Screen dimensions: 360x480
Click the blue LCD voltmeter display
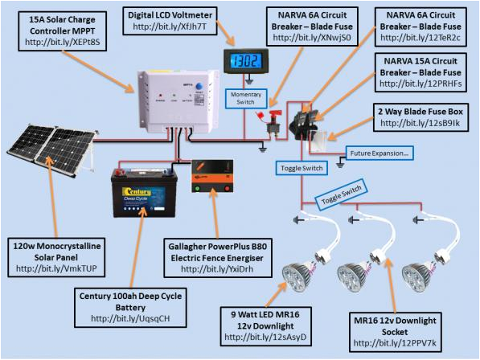(x=246, y=62)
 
